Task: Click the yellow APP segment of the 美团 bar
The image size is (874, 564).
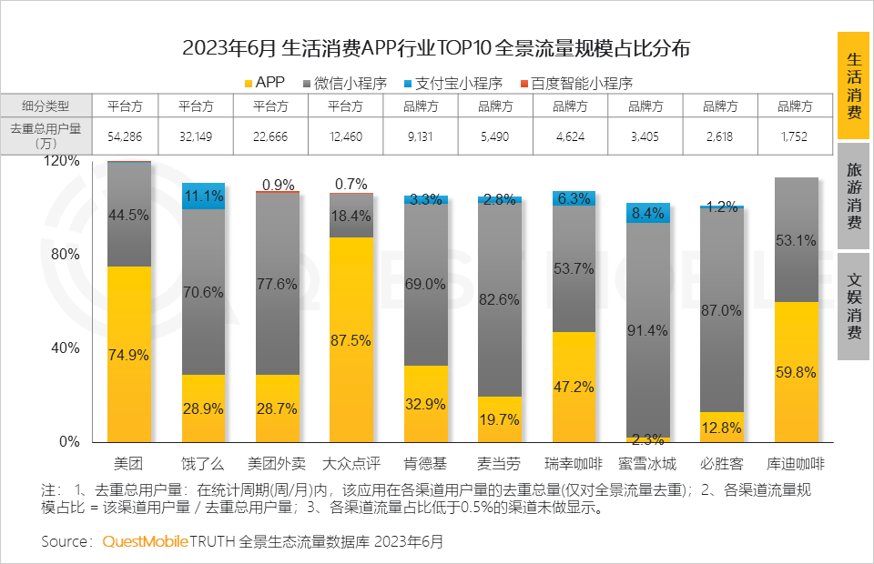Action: [128, 354]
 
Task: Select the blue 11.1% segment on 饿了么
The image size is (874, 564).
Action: [203, 196]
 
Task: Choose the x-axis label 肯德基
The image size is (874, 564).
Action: [426, 462]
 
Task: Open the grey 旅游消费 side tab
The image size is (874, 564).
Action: [854, 196]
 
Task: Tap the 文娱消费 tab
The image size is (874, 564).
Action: [854, 306]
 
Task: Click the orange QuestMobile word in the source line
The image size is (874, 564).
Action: [145, 541]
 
